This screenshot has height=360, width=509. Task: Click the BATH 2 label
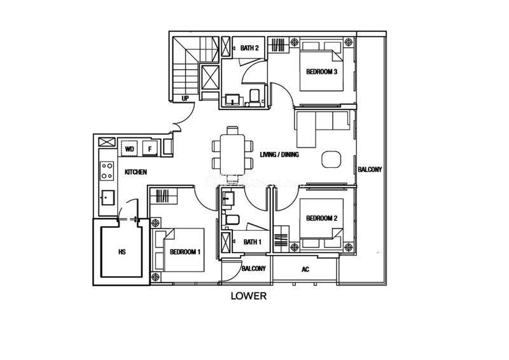click(x=249, y=48)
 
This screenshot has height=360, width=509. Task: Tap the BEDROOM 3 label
click(x=321, y=72)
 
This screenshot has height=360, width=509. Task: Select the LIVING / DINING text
click(x=279, y=155)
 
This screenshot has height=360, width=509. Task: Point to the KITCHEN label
click(x=136, y=172)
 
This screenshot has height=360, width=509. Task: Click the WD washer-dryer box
click(x=129, y=149)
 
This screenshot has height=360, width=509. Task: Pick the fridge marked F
click(x=150, y=149)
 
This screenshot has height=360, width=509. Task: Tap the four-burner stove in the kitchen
click(x=107, y=170)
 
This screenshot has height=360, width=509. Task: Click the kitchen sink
click(x=108, y=198)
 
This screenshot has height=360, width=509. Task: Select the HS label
click(x=122, y=252)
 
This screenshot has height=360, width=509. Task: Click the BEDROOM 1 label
click(x=185, y=252)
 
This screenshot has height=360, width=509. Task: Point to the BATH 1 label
click(x=252, y=242)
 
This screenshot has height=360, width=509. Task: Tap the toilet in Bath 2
click(x=253, y=98)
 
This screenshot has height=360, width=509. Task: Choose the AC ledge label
click(x=305, y=270)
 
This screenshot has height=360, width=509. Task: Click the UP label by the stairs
click(x=185, y=98)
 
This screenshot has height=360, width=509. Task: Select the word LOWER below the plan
click(x=249, y=296)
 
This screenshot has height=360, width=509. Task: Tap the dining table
click(x=232, y=155)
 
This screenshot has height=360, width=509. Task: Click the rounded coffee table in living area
click(x=331, y=160)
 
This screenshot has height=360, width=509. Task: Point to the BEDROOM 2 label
click(x=322, y=218)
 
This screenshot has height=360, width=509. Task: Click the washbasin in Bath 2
click(x=232, y=99)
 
